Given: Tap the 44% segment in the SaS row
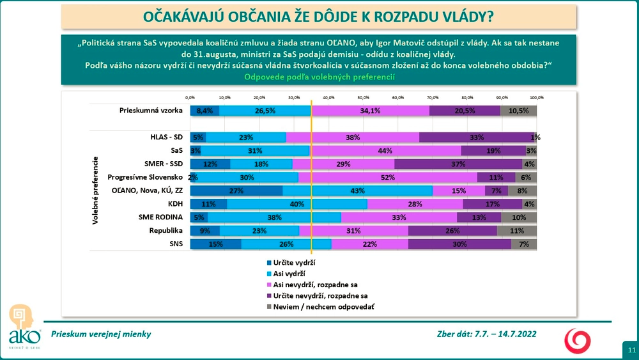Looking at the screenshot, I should [385, 151].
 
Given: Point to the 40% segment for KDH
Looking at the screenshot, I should [296, 204].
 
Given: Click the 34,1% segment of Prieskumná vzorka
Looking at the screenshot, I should [371, 111].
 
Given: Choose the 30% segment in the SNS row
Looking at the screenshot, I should [460, 244].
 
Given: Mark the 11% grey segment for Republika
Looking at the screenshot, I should [517, 230].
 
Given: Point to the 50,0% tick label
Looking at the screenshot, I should [363, 97].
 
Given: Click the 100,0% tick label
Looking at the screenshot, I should [536, 97].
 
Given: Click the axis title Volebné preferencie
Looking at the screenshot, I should [96, 190].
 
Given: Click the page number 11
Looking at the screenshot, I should [631, 350].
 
